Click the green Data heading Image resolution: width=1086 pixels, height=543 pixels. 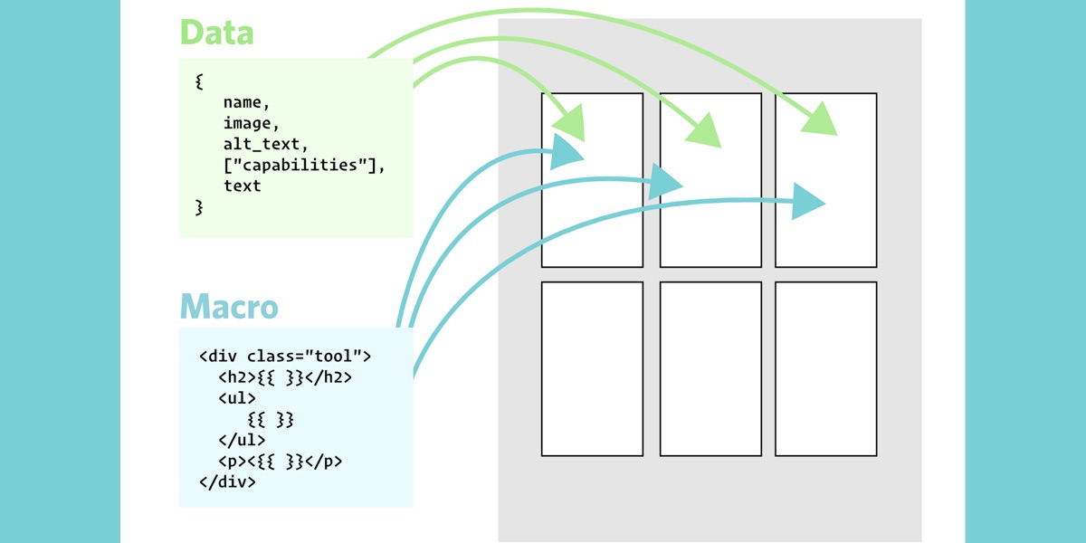coord(216,33)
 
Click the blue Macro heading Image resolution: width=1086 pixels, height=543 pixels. coord(229,306)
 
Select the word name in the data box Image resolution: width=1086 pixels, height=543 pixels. coord(246,102)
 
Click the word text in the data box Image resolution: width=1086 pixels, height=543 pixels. coord(242,186)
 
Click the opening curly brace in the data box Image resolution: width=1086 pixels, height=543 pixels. coord(199,81)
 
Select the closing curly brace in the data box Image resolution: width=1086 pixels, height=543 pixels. coord(199,207)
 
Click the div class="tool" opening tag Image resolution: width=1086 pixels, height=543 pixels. coord(285,356)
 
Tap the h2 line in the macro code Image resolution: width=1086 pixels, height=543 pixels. coord(284,377)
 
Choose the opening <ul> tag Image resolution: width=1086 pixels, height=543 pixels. coord(237,398)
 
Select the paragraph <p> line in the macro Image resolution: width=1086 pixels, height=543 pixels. coord(280,462)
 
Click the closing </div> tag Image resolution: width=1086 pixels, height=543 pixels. coord(227,482)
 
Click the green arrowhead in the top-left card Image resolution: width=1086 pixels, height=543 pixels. coord(569,122)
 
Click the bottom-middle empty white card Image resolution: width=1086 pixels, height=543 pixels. coord(710,368)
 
